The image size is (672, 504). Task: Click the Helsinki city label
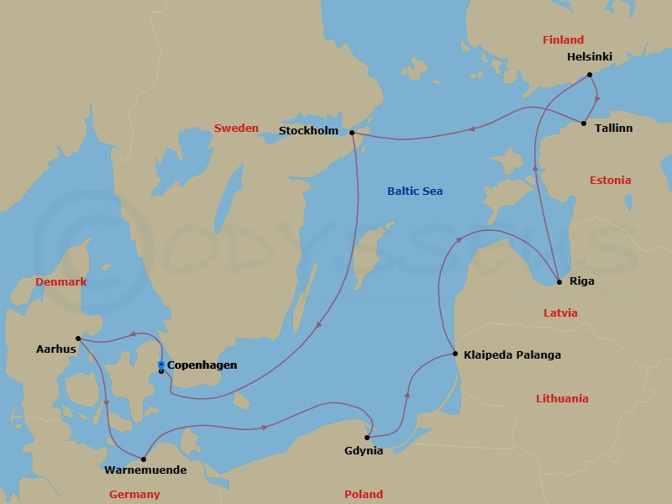click(590, 57)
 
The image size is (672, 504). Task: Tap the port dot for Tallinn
click(585, 124)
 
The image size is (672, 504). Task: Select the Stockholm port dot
click(352, 133)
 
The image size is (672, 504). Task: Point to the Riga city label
click(581, 281)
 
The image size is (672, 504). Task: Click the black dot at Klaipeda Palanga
click(454, 354)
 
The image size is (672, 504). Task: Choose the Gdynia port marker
click(368, 438)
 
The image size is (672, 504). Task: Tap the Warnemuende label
click(144, 470)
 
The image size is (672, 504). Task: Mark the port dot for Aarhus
click(77, 339)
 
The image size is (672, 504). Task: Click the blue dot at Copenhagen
click(161, 365)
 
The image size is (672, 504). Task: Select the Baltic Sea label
click(415, 192)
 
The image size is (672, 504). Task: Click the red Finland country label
click(563, 40)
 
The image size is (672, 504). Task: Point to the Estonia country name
click(610, 181)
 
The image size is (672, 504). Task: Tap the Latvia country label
click(560, 312)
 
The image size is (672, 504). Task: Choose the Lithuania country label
click(562, 399)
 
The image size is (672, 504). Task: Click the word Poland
click(363, 495)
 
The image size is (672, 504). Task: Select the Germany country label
click(134, 495)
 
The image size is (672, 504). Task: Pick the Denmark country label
click(60, 282)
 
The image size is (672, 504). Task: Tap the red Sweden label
click(236, 129)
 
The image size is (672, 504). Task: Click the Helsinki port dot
click(590, 75)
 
